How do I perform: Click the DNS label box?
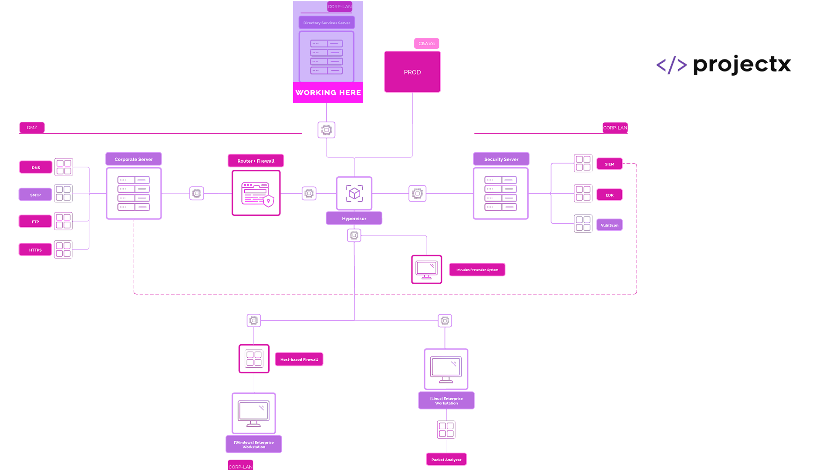[x=36, y=168]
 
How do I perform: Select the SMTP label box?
[x=35, y=195]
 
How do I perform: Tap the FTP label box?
[x=35, y=222]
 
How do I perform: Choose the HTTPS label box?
[x=35, y=250]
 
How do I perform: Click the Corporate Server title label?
[x=134, y=159]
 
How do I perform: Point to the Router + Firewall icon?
[x=256, y=193]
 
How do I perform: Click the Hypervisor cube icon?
[x=354, y=193]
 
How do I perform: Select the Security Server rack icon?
[x=501, y=193]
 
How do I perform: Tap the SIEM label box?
[x=609, y=164]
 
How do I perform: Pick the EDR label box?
[x=609, y=195]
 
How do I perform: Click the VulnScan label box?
[x=609, y=225]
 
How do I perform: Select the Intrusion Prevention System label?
[x=477, y=270]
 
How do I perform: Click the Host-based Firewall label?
[x=299, y=359]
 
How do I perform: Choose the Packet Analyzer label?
[x=446, y=460]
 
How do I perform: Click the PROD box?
[x=412, y=72]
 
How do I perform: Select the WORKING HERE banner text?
[x=328, y=93]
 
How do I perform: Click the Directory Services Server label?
[x=327, y=23]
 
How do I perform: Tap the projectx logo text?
[x=742, y=65]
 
